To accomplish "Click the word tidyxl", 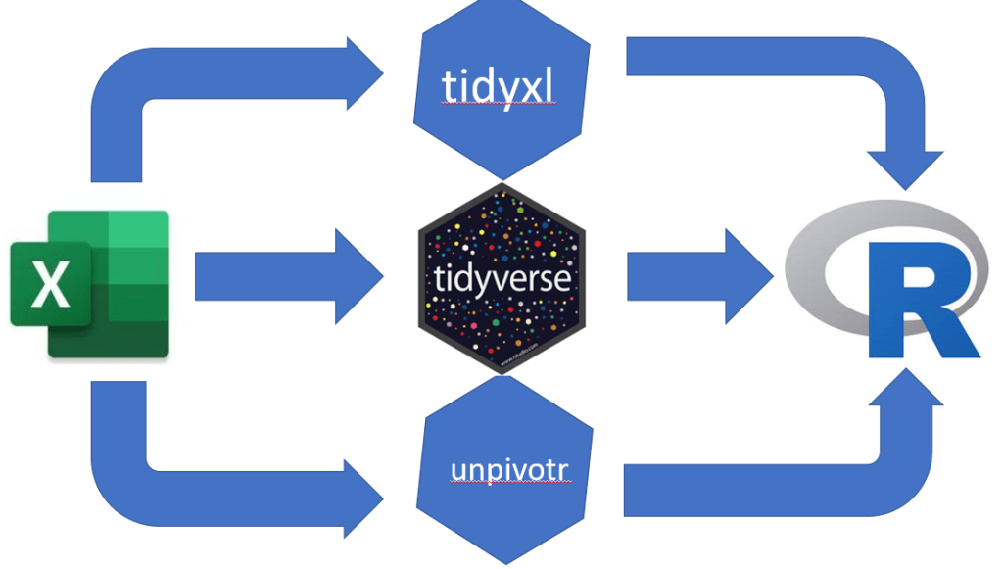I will coord(499,87).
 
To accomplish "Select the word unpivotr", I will coord(509,469).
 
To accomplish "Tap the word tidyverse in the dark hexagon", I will coord(501,280).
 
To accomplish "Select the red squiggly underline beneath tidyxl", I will coord(499,103).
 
